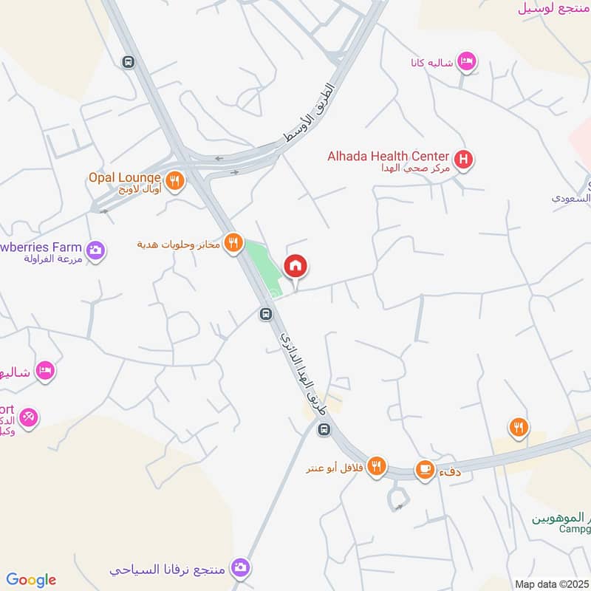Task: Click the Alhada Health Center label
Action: tap(389, 156)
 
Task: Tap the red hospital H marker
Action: tap(464, 158)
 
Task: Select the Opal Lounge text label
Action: tap(124, 177)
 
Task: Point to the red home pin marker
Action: tap(295, 266)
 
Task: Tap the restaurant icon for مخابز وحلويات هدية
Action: tap(233, 242)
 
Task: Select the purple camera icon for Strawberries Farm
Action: tap(95, 250)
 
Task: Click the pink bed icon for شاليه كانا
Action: tap(466, 61)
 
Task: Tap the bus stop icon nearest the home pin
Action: tap(265, 315)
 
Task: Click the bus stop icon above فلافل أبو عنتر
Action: tap(323, 429)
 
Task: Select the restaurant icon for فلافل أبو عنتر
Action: tap(378, 465)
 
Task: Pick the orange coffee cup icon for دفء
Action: tap(424, 468)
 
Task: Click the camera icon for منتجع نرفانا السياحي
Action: tap(239, 567)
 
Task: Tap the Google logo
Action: tap(31, 580)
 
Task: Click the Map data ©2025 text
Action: tap(551, 584)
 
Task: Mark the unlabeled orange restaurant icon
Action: tap(519, 426)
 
